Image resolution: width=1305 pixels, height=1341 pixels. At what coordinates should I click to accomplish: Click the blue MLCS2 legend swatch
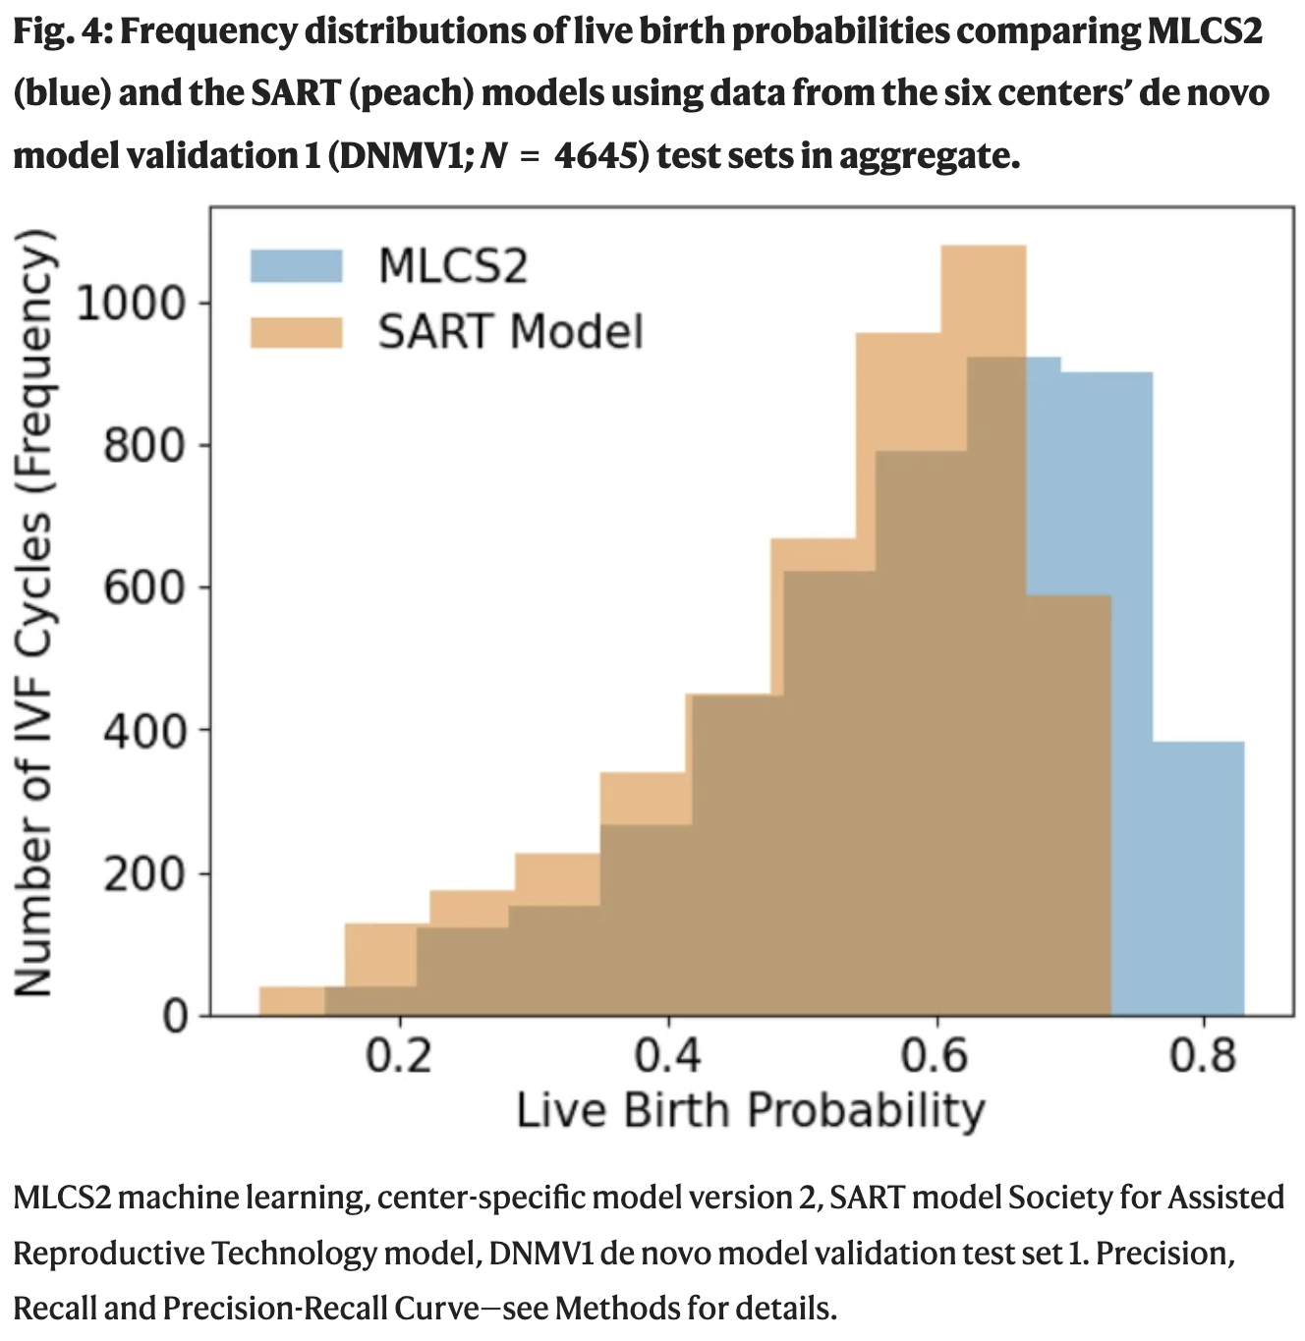pyautogui.click(x=296, y=266)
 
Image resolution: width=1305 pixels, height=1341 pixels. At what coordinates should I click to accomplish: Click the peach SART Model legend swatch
pyautogui.click(x=296, y=332)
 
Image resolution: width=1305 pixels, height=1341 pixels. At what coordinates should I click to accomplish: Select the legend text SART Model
pyautogui.click(x=510, y=332)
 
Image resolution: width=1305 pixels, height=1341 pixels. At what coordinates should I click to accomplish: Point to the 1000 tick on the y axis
pyautogui.click(x=130, y=303)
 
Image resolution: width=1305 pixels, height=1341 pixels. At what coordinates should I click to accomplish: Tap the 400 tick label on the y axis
pyautogui.click(x=144, y=731)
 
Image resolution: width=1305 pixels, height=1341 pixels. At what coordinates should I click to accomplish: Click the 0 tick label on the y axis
pyautogui.click(x=175, y=1016)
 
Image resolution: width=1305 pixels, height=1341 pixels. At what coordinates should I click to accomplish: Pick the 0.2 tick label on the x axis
pyautogui.click(x=399, y=1056)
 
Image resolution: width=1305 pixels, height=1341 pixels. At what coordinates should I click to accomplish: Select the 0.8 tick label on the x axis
pyautogui.click(x=1203, y=1056)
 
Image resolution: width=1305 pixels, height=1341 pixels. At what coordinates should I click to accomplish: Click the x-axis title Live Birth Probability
pyautogui.click(x=751, y=1110)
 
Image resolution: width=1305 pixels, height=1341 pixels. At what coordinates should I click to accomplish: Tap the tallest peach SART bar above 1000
pyautogui.click(x=983, y=295)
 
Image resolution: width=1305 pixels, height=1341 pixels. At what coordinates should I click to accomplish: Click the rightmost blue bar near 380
pyautogui.click(x=1198, y=874)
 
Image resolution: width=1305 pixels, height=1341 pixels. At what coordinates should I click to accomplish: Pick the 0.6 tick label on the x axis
pyautogui.click(x=935, y=1056)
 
